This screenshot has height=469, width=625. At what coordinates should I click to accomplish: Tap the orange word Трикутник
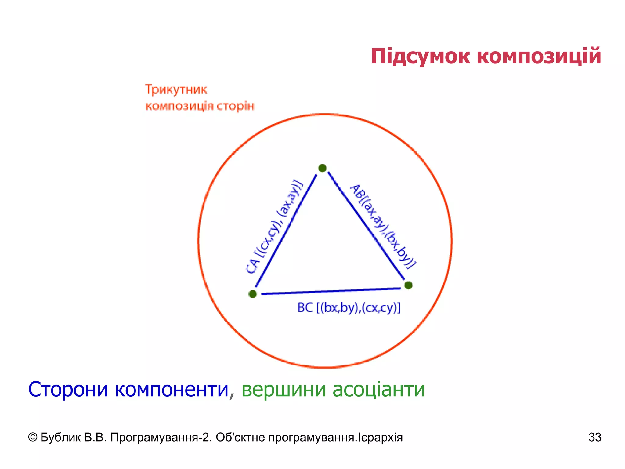tap(176, 90)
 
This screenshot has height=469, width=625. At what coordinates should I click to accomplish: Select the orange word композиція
tap(179, 106)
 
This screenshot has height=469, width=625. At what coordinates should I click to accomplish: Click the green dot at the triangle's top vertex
tap(322, 168)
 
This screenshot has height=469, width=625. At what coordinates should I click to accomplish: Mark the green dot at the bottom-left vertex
tap(253, 294)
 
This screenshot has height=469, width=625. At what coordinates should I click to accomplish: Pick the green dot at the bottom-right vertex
tap(408, 285)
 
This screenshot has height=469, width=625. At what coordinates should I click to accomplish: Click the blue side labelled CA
tap(286, 231)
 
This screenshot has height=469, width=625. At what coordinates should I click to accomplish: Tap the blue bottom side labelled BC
tap(331, 291)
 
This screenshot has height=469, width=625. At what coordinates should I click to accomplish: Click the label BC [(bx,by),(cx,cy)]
tap(349, 307)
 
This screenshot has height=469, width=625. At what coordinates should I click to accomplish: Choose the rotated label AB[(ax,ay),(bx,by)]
tap(383, 226)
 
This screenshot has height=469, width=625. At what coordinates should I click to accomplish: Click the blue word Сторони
tap(68, 390)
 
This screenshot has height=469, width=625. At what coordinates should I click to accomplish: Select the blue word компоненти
tap(172, 390)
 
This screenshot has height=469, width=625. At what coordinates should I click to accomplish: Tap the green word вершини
tap(284, 390)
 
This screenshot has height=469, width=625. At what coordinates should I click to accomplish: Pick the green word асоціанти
tap(378, 390)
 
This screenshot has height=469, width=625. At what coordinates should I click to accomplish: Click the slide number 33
tap(595, 437)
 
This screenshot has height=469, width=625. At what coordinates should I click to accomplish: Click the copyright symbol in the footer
tap(33, 437)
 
